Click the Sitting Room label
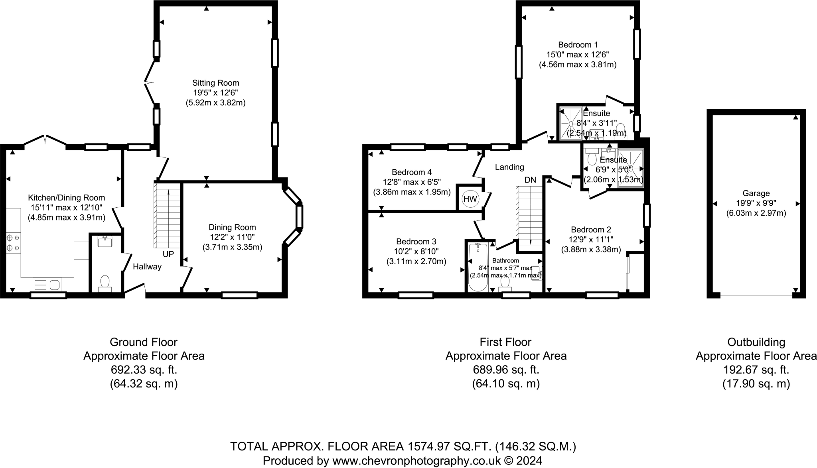215,83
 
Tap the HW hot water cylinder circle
470,199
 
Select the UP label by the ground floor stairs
168,254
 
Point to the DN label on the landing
530,180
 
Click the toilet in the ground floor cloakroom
105,282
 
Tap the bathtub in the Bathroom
478,267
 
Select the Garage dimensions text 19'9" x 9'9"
756,203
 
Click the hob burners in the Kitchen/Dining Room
13,243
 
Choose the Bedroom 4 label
411,172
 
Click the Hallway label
147,267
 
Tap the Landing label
509,167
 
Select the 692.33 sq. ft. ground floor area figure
144,370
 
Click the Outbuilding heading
756,342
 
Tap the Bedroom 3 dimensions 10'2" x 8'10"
416,252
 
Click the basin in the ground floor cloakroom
105,241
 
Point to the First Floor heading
505,342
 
